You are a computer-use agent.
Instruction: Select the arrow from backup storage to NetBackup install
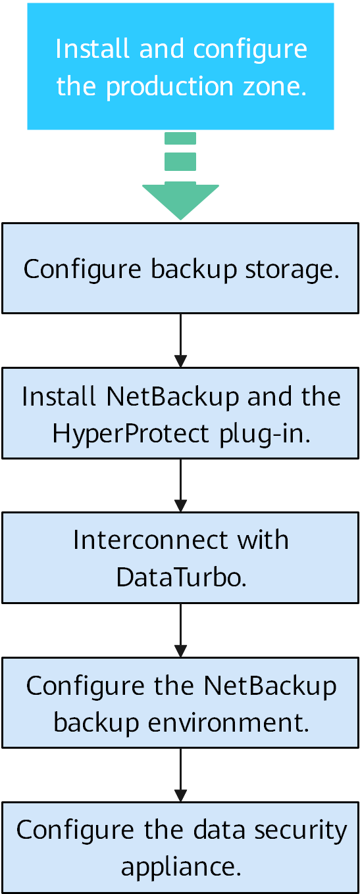180,341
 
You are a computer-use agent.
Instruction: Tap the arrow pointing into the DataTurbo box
180,485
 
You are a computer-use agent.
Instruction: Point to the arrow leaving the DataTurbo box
180,630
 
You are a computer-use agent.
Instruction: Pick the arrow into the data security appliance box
180,774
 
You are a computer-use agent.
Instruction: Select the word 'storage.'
292,270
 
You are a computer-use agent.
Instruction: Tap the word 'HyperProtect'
131,434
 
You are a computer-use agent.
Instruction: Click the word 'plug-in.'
265,434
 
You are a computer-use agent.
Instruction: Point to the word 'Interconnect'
151,540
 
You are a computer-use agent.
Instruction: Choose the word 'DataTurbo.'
182,577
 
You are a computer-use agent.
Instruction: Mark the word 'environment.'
228,723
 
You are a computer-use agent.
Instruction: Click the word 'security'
301,831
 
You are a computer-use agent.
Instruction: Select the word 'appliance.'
181,868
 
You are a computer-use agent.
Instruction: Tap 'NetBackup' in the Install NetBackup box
172,397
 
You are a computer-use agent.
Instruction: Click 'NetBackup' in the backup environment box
270,686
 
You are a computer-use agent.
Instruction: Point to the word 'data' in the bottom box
219,830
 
